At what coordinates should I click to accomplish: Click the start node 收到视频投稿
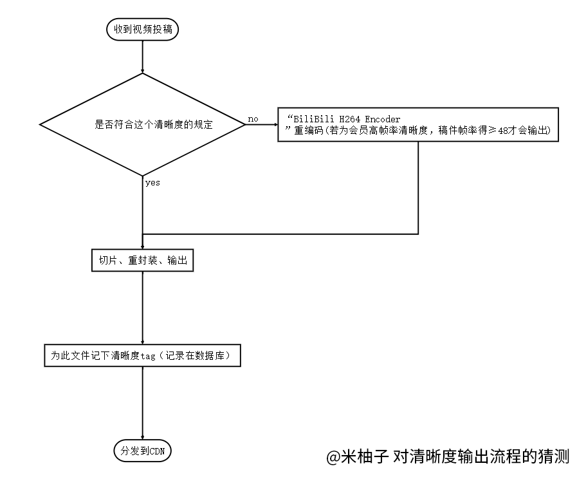[142, 30]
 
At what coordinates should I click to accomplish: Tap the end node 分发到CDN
[142, 451]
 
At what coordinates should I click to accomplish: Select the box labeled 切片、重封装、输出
[142, 261]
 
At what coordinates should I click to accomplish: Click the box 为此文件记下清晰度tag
[142, 355]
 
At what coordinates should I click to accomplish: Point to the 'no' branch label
[253, 119]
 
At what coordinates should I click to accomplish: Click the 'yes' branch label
[152, 183]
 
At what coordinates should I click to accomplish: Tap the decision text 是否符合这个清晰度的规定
[154, 124]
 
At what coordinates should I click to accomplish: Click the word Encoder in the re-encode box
[382, 119]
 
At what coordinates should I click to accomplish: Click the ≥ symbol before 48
[492, 131]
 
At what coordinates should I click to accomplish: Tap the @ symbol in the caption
[333, 457]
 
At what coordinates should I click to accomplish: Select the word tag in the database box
[148, 356]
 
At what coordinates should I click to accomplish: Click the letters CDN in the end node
[157, 451]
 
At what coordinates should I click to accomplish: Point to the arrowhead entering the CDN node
[142, 437]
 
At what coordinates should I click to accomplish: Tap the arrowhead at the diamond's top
[142, 71]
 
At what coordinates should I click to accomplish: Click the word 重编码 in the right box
[309, 131]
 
